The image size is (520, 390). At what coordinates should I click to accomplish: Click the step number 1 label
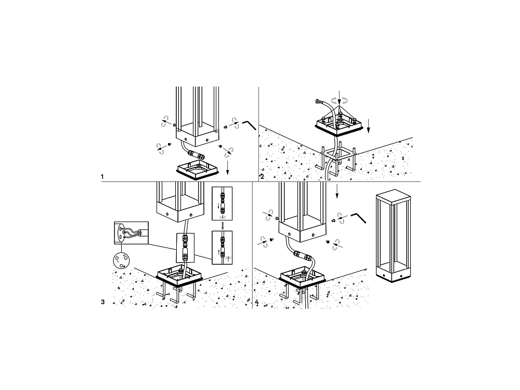coord(102,177)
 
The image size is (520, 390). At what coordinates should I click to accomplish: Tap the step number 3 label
coord(103,302)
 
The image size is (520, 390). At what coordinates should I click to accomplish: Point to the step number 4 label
coord(257,302)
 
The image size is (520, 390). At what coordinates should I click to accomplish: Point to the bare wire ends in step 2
coord(318,100)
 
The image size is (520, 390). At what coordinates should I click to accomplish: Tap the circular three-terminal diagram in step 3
coord(121,259)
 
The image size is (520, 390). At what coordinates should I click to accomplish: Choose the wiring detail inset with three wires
coord(131,232)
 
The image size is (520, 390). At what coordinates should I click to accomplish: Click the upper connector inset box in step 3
coord(222,203)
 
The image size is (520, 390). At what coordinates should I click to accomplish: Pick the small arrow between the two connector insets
coord(222,225)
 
